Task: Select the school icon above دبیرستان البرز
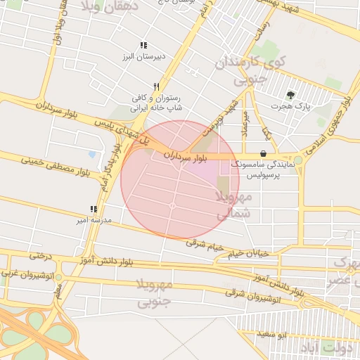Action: tap(143, 44)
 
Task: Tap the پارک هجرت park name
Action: tap(292, 106)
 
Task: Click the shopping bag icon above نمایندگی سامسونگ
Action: tap(264, 153)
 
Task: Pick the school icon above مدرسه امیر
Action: tap(94, 209)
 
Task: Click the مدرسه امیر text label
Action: tap(94, 220)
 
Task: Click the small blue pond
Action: tap(91, 154)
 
